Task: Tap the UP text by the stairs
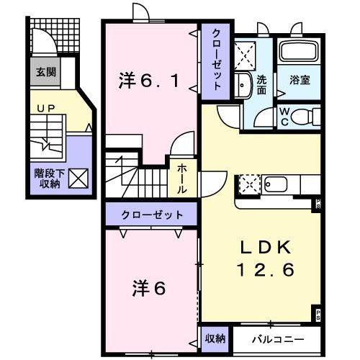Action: coord(42,108)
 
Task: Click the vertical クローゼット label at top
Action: coord(216,60)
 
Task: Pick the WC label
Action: coord(284,116)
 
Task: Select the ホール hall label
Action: coord(183,176)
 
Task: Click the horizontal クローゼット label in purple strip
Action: coord(152,215)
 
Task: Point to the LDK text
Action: coord(266,248)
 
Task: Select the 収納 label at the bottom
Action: coord(215,338)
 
